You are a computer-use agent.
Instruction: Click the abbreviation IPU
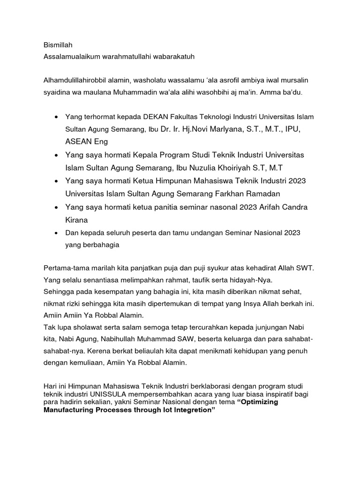(x=293, y=128)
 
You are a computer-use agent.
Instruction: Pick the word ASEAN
(x=78, y=141)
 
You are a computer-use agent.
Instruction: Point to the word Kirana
(x=76, y=219)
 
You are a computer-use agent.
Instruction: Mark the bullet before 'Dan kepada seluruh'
(x=56, y=232)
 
